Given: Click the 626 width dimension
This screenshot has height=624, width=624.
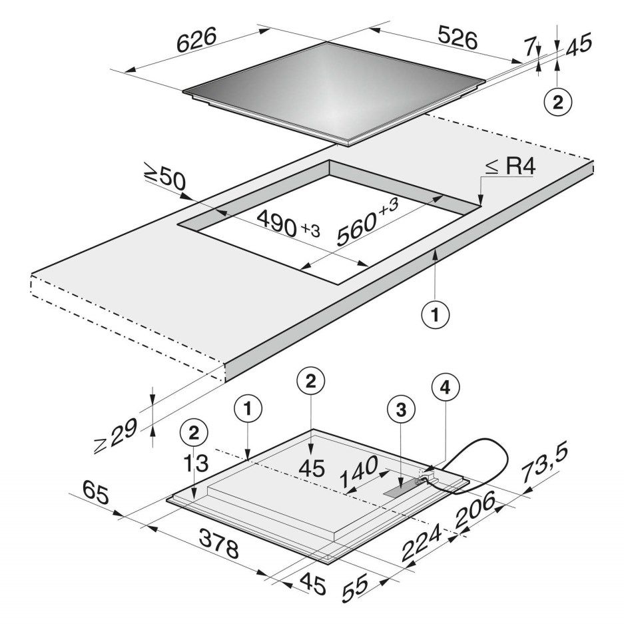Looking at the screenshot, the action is click(x=196, y=40).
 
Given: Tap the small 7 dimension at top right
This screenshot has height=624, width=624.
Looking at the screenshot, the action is click(x=529, y=48).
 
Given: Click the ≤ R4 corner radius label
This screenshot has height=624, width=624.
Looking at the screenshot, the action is click(x=511, y=167).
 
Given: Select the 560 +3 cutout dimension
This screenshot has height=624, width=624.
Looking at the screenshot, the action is click(x=367, y=221).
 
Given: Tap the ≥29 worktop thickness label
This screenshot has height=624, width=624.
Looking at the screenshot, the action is click(x=116, y=436).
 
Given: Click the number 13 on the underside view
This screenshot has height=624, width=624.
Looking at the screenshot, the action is click(x=196, y=464).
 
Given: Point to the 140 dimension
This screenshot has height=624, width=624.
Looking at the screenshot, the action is click(x=360, y=471).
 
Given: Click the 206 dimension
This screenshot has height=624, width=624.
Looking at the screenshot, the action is click(x=476, y=509).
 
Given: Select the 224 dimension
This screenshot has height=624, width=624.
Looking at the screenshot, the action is click(x=422, y=541).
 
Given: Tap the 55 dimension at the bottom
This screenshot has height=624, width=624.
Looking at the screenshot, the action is click(x=356, y=589).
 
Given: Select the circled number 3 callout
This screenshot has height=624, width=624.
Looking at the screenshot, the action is click(x=401, y=410).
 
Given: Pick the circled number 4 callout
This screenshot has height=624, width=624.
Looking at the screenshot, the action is click(x=446, y=387).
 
